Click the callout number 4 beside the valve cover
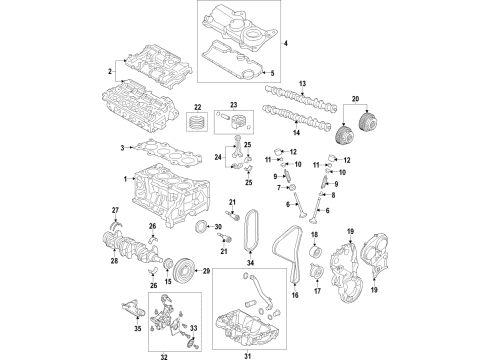[x=285, y=45]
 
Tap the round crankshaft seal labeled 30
[x=213, y=232]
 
